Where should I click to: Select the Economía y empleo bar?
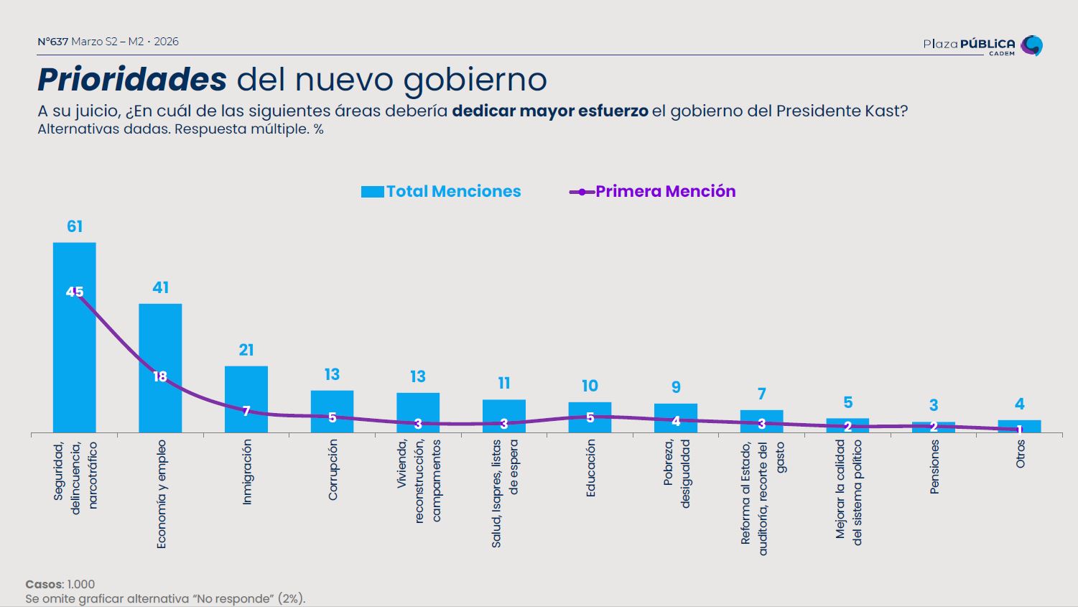[160, 338]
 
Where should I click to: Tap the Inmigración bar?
[246, 388]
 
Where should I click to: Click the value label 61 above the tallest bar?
[75, 227]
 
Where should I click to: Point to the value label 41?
[160, 288]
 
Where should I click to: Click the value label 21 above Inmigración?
[246, 351]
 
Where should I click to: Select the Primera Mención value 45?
[75, 292]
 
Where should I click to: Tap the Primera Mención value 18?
[160, 376]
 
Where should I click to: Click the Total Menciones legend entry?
[441, 192]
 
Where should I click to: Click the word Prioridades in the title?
[132, 80]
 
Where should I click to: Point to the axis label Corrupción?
[333, 470]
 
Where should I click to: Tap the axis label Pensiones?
[934, 467]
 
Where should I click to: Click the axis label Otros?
[1021, 454]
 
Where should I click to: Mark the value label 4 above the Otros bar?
[1020, 404]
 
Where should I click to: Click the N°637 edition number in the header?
[52, 42]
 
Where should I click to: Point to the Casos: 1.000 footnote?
[60, 584]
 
